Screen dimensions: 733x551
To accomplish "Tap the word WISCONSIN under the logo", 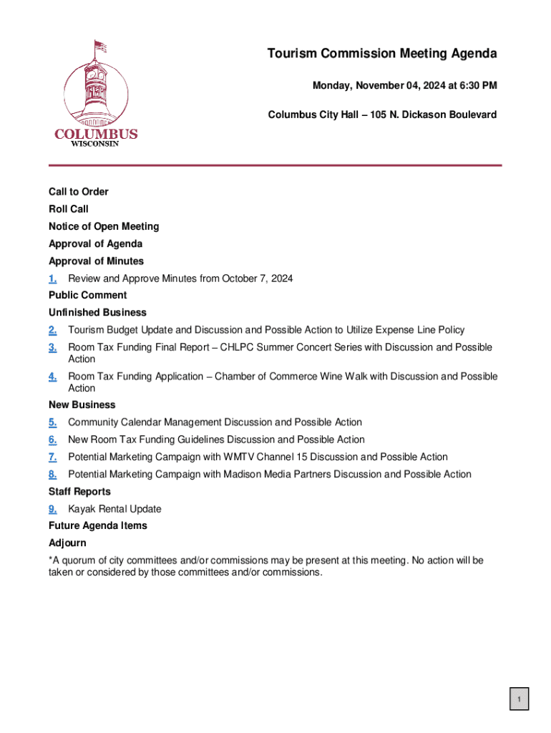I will (x=95, y=143).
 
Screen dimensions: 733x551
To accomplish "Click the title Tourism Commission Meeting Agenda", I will (x=382, y=54).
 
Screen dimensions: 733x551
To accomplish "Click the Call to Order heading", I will (x=79, y=192).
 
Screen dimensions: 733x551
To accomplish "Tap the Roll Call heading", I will (x=69, y=209).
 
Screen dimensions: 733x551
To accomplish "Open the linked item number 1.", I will (x=53, y=278).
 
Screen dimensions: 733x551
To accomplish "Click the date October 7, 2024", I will (x=257, y=278).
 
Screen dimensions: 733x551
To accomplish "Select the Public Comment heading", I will (x=88, y=295).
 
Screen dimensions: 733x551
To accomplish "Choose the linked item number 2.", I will (x=53, y=330).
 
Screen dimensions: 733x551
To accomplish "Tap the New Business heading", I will (x=82, y=404).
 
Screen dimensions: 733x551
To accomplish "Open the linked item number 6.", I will (x=53, y=440).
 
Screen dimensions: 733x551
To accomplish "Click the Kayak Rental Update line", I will (x=114, y=509).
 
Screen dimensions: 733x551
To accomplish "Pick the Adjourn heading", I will (x=67, y=543).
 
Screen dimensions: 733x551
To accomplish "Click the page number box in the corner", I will (x=520, y=699).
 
